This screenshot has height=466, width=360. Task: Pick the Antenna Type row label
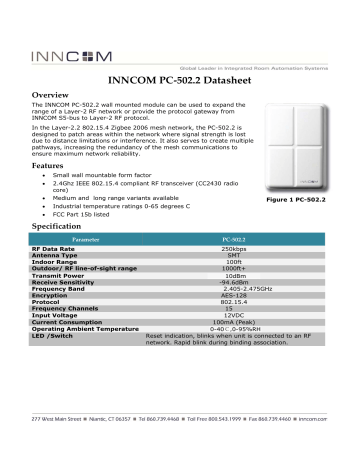tap(63, 258)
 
